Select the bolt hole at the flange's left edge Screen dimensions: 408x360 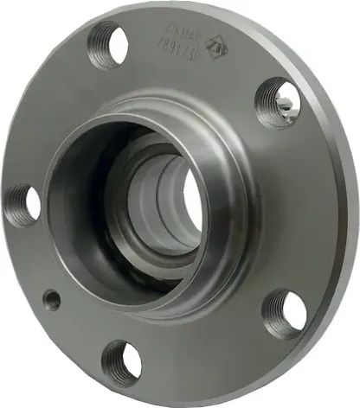[x=22, y=205]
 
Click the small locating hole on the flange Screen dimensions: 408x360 [x=53, y=301]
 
